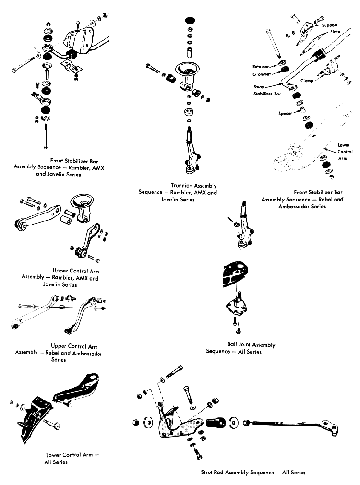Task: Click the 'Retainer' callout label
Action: tap(261, 66)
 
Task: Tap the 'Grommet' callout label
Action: tap(262, 74)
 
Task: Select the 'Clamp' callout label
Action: tap(307, 81)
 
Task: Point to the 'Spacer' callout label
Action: tap(285, 114)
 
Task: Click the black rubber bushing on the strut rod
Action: tap(216, 423)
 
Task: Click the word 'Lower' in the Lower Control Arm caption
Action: tap(55, 455)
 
